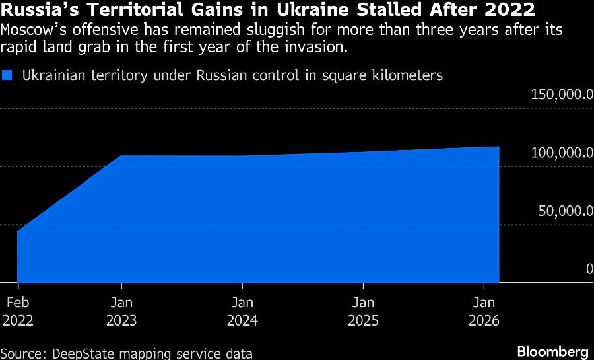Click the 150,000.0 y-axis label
(562, 94)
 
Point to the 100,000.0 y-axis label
(562, 153)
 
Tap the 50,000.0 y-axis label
(566, 211)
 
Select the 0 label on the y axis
(589, 269)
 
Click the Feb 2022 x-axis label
(18, 312)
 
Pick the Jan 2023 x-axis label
(121, 312)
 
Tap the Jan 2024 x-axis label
(242, 312)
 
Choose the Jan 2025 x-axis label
(363, 312)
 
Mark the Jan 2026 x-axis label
(484, 312)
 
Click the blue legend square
(7, 75)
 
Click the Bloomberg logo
(552, 350)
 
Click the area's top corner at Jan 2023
(121, 156)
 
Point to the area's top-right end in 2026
(498, 147)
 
